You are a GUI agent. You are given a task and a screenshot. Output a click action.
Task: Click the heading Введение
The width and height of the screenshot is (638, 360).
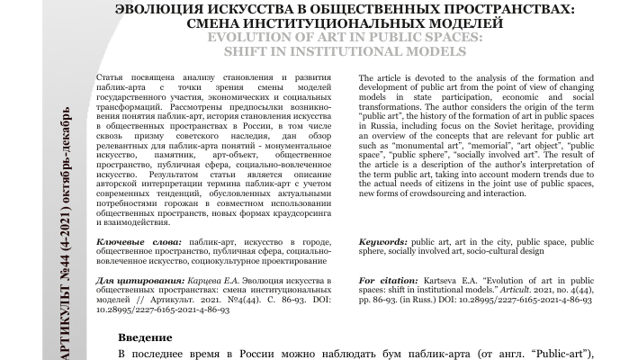[x=146, y=337]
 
